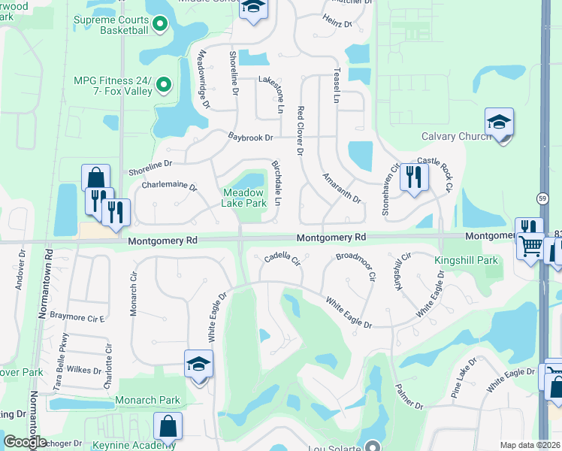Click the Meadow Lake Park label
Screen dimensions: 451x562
(x=244, y=198)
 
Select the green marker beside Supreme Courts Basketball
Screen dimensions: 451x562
(x=159, y=24)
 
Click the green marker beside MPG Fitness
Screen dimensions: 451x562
(x=165, y=86)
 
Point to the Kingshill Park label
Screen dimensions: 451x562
(x=466, y=260)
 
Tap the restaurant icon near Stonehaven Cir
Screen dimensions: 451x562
(x=414, y=177)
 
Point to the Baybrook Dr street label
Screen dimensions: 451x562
(x=249, y=138)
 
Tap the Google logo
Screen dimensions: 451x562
(x=25, y=442)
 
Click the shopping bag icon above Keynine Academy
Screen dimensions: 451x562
(x=168, y=425)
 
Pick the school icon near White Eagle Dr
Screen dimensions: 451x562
(x=199, y=364)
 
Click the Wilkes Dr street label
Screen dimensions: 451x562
(x=83, y=370)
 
